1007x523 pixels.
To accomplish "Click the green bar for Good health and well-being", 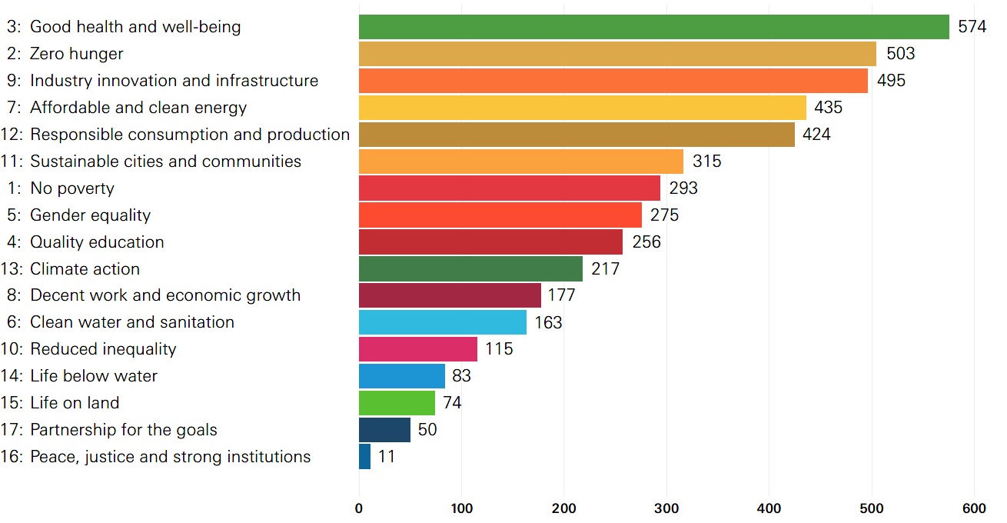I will pyautogui.click(x=653, y=27).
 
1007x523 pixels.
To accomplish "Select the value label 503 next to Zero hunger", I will pyautogui.click(x=900, y=54).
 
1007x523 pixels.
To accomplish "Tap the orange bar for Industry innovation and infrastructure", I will pyautogui.click(x=613, y=81).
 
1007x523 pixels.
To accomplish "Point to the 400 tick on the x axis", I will pyautogui.click(x=769, y=508).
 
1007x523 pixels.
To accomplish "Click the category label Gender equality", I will pyautogui.click(x=90, y=215).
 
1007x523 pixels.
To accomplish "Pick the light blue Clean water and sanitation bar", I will pyautogui.click(x=442, y=322).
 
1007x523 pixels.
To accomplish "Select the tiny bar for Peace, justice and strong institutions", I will pyautogui.click(x=364, y=457).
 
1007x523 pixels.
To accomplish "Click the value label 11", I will pyautogui.click(x=387, y=457).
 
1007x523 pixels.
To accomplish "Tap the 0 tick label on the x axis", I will pyautogui.click(x=359, y=508).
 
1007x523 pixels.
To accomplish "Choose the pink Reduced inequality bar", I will pyautogui.click(x=417, y=349).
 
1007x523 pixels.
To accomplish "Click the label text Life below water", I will pyautogui.click(x=93, y=376).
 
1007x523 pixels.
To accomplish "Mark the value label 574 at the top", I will pyautogui.click(x=972, y=27).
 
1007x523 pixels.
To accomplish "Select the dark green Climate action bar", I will pyautogui.click(x=470, y=269).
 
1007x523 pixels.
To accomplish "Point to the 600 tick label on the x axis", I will pyautogui.click(x=974, y=508).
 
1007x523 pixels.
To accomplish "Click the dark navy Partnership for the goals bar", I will pyautogui.click(x=384, y=430).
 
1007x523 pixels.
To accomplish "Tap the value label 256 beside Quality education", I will pyautogui.click(x=646, y=242).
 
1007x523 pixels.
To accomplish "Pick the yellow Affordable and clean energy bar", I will pyautogui.click(x=582, y=108).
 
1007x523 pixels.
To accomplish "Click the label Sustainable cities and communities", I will pyautogui.click(x=165, y=162).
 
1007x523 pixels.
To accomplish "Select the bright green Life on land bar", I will pyautogui.click(x=397, y=403).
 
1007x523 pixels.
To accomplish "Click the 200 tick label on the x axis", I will pyautogui.click(x=564, y=508).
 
